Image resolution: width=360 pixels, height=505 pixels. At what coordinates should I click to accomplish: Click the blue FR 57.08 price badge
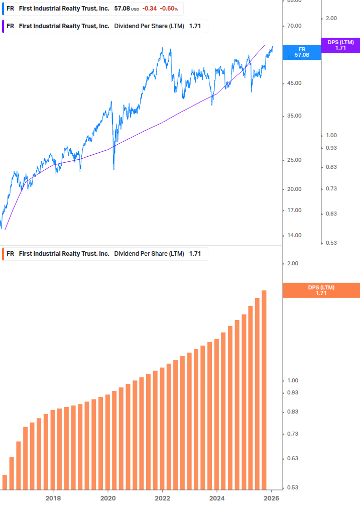click(x=302, y=52)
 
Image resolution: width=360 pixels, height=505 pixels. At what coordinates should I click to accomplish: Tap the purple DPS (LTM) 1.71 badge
click(x=340, y=45)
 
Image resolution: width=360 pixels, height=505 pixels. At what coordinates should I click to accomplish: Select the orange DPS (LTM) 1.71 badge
click(x=321, y=290)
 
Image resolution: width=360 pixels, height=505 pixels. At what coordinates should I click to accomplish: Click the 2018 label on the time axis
click(x=53, y=498)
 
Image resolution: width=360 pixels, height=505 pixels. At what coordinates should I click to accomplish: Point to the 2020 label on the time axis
click(x=108, y=498)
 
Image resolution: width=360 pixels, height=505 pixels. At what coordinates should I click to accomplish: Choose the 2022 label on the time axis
click(x=162, y=498)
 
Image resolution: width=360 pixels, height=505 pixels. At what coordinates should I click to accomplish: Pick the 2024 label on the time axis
click(x=217, y=498)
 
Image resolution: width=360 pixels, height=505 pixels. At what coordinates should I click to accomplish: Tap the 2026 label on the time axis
click(x=272, y=498)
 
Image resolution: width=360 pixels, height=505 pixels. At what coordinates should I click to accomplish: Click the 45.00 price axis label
click(x=294, y=83)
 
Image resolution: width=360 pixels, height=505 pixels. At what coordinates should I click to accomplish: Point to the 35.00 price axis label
click(x=294, y=116)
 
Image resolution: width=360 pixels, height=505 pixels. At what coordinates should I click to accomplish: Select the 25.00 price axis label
click(x=294, y=160)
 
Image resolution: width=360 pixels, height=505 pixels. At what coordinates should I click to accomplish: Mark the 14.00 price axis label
click(x=294, y=235)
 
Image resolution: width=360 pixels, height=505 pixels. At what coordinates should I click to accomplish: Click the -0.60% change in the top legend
click(x=169, y=9)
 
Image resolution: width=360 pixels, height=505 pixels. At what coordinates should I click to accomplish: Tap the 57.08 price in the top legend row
click(x=122, y=9)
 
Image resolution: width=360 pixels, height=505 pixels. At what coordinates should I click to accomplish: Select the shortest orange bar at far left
click(x=5, y=482)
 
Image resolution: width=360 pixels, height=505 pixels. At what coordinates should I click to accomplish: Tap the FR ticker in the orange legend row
click(x=10, y=254)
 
